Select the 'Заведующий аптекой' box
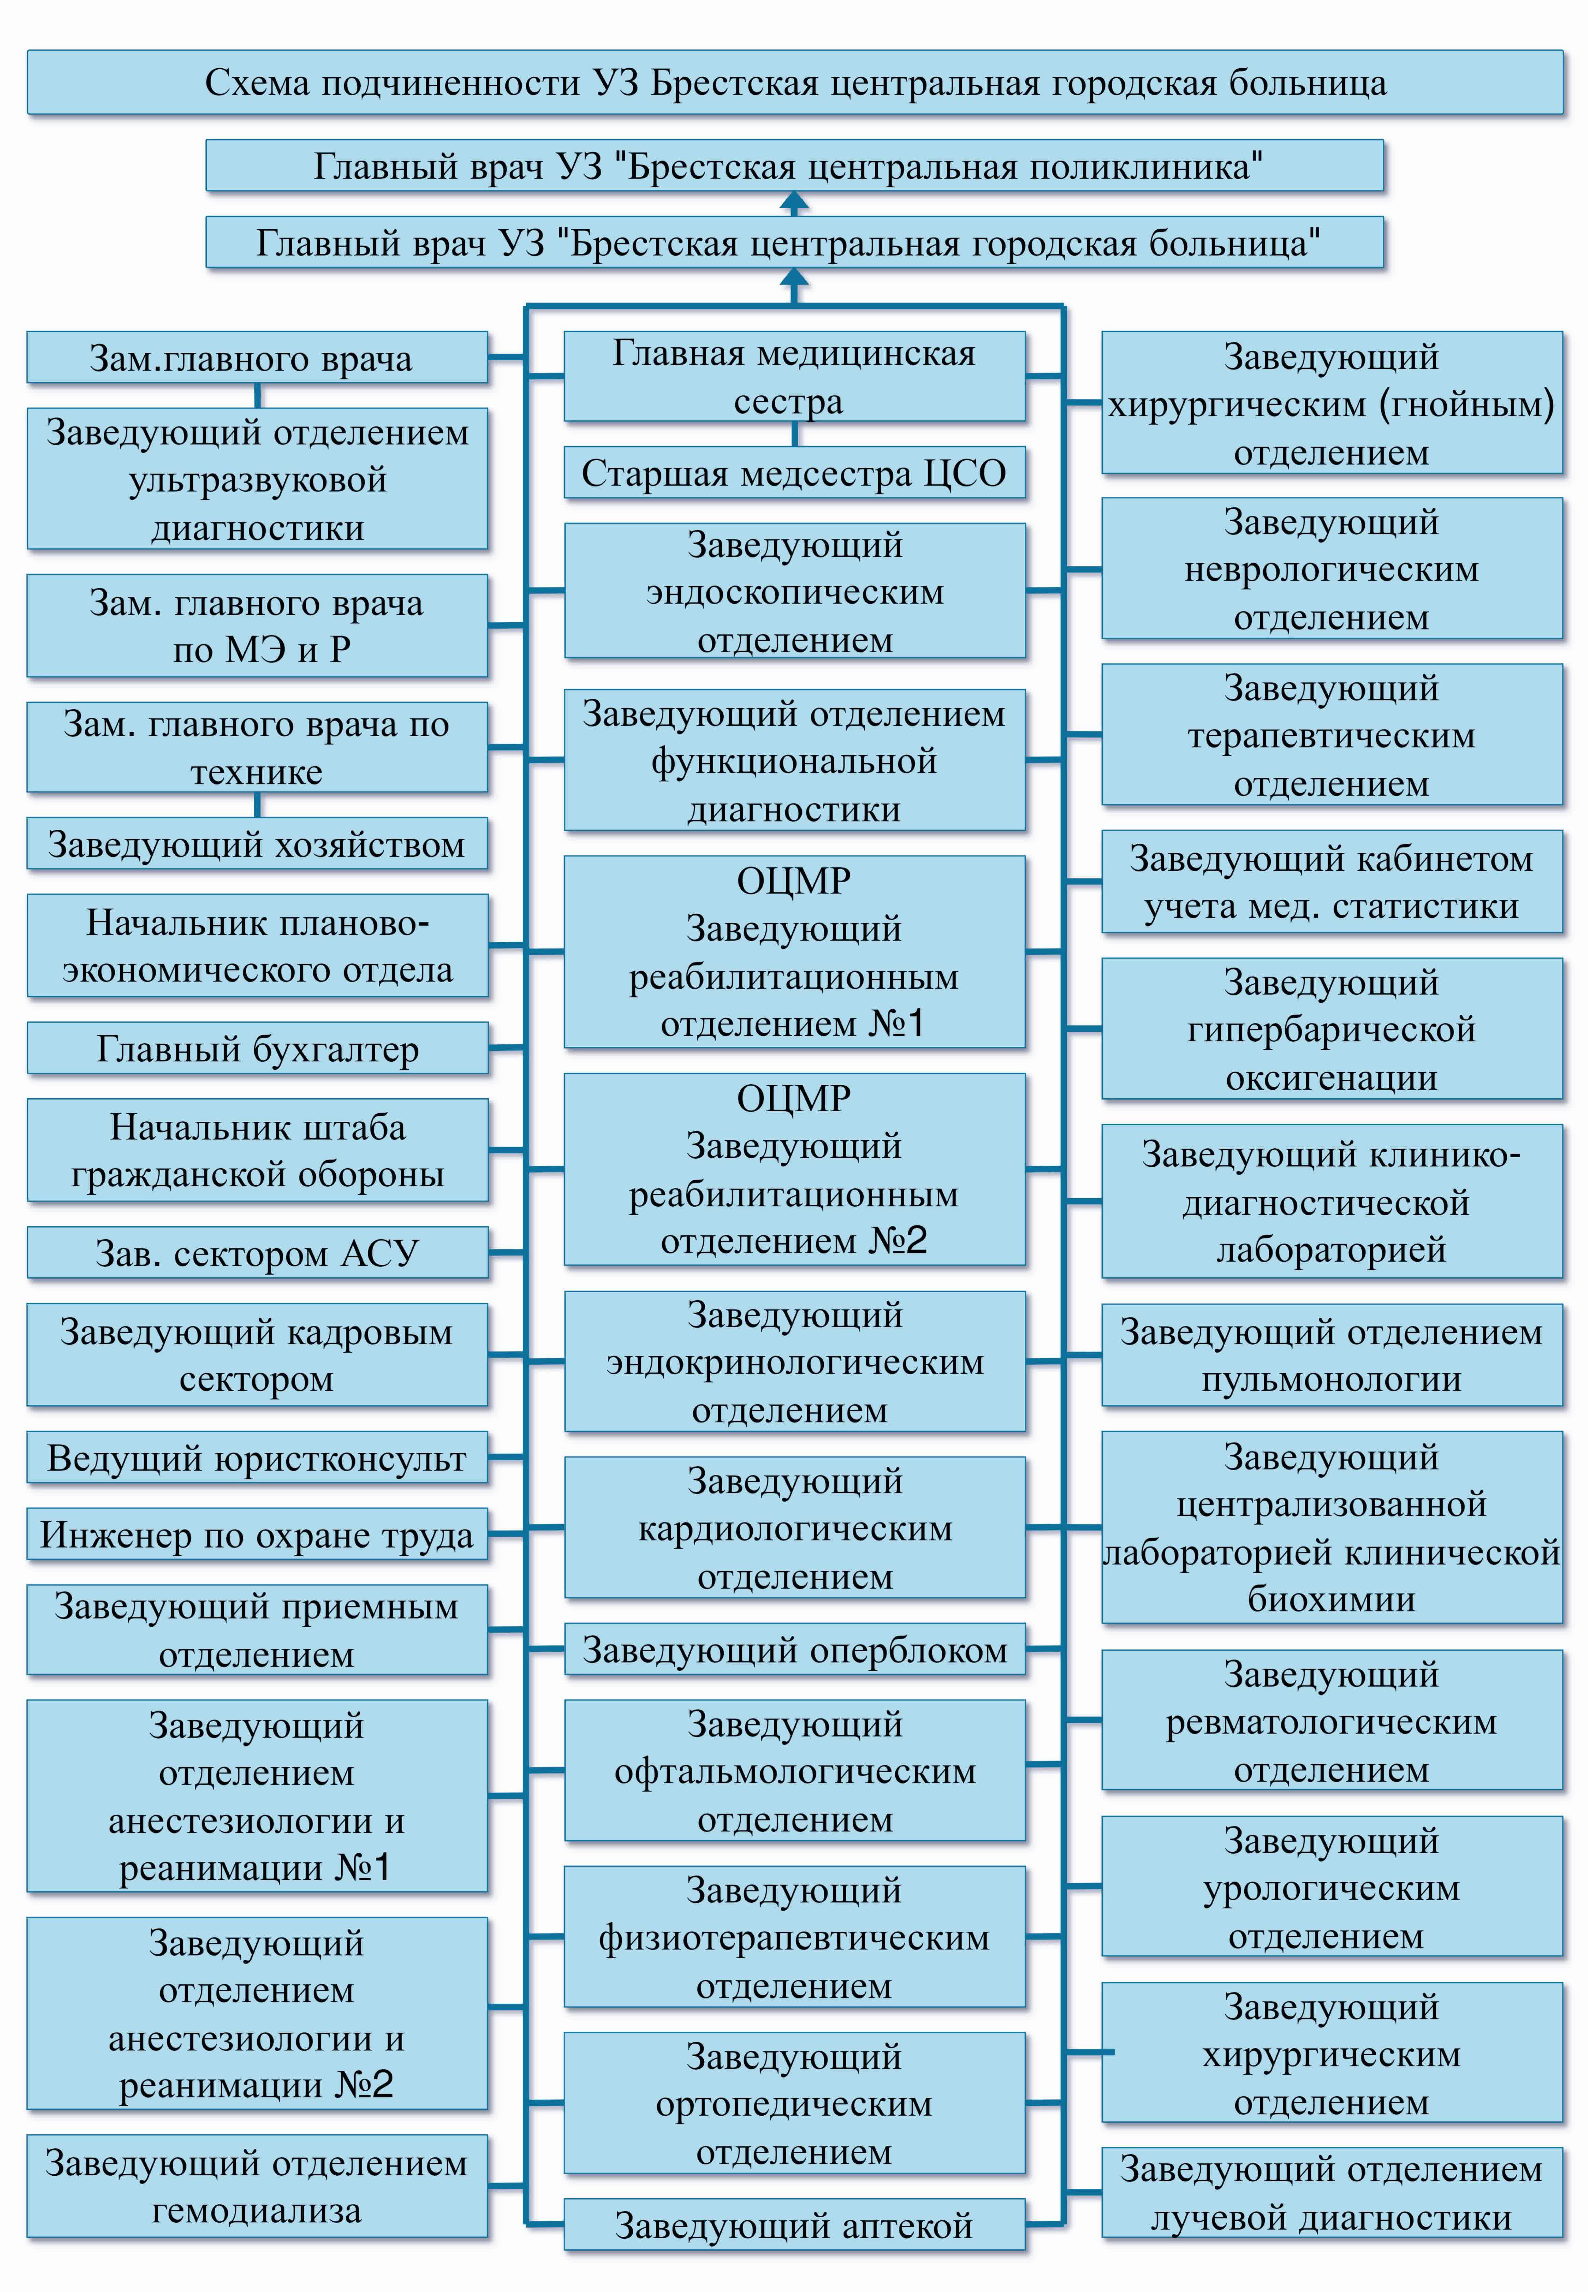[794, 2224]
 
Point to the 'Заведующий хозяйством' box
[258, 844]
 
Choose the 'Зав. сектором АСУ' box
[258, 1252]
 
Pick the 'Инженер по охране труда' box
[258, 1534]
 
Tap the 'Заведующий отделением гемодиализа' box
[258, 2186]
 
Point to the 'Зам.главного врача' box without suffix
[258, 357]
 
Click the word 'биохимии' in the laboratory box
[1331, 1599]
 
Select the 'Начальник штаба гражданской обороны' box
[258, 1150]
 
